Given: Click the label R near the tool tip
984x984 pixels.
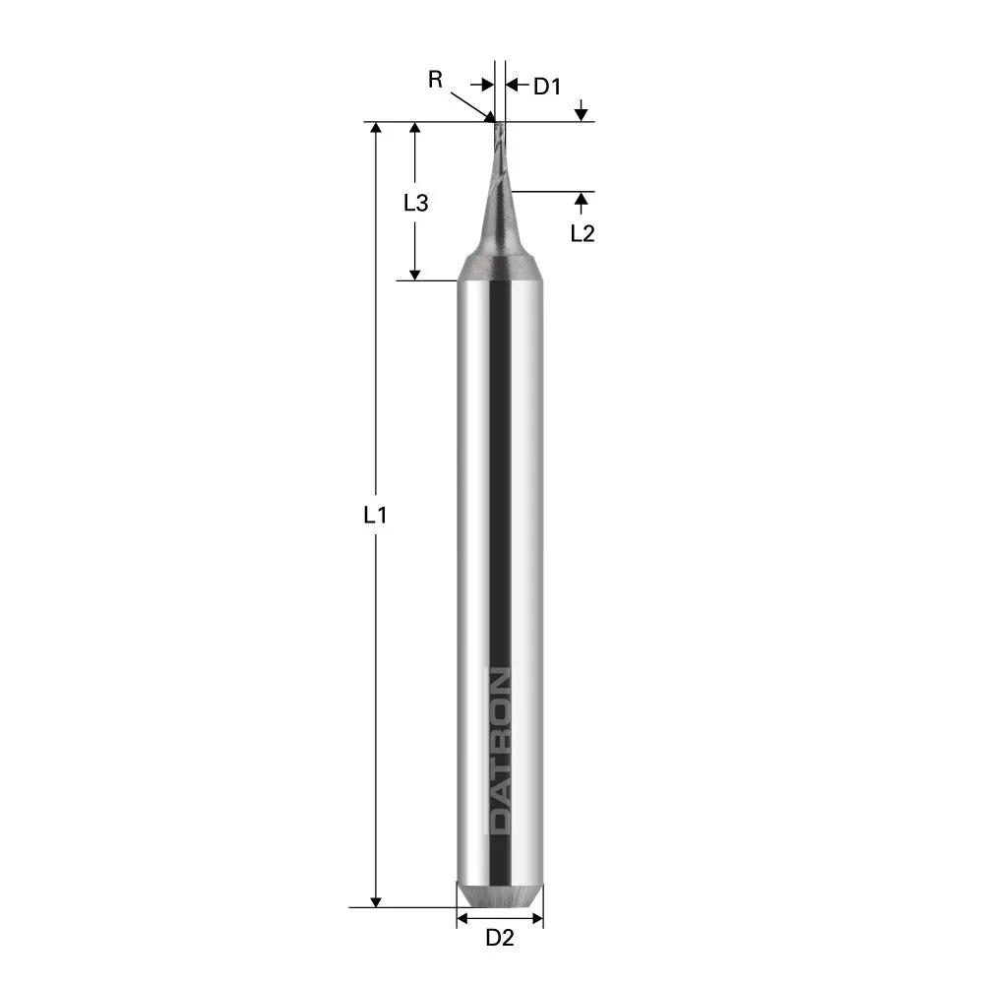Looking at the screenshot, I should (435, 80).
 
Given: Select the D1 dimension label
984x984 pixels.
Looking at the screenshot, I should (547, 87).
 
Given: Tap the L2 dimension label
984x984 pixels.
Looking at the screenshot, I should (583, 233).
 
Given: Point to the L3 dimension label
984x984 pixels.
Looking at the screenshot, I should (415, 203).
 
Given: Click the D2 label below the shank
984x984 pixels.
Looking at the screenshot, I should (500, 939).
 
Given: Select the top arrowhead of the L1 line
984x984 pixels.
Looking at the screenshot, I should (376, 130).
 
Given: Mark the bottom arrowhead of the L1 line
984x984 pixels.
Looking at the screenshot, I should (376, 900).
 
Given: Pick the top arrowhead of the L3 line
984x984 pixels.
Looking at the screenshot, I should (415, 130).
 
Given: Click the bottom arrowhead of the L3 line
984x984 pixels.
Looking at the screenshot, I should (415, 274).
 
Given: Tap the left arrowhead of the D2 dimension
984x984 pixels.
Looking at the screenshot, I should (462, 919).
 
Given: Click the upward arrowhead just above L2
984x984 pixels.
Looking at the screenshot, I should (582, 200).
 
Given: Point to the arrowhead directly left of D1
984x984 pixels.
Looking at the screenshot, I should (512, 86).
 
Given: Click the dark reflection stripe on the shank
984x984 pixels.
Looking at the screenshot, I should (501, 492).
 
